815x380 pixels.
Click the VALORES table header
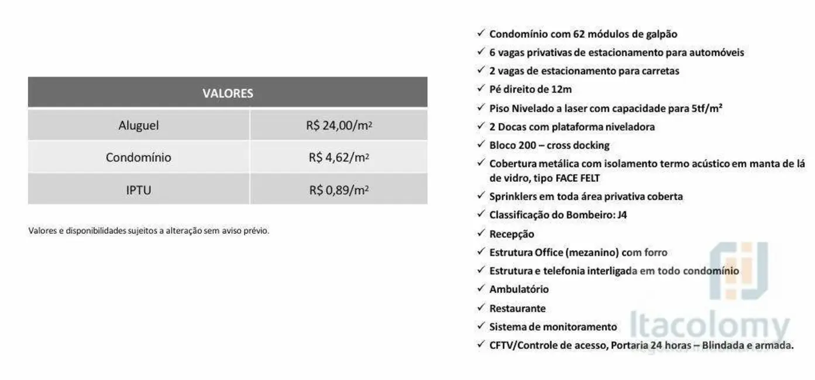click(x=228, y=94)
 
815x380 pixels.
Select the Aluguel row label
click(x=139, y=125)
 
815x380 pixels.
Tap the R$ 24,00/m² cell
click(x=339, y=125)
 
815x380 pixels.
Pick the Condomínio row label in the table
click(x=139, y=157)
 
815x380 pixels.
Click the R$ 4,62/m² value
click(x=339, y=157)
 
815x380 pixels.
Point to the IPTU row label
click(x=139, y=190)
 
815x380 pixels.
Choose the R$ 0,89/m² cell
click(x=339, y=190)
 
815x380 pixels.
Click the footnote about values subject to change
click(x=149, y=230)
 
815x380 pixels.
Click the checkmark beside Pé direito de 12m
click(x=481, y=89)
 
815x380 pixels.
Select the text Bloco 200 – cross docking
click(x=549, y=145)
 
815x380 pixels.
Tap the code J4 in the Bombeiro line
click(x=623, y=215)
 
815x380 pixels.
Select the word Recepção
click(x=511, y=234)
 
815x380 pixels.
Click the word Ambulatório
click(x=519, y=289)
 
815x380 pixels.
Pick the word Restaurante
click(x=517, y=308)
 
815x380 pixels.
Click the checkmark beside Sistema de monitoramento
click(x=481, y=326)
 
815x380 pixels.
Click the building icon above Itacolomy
click(x=738, y=270)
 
